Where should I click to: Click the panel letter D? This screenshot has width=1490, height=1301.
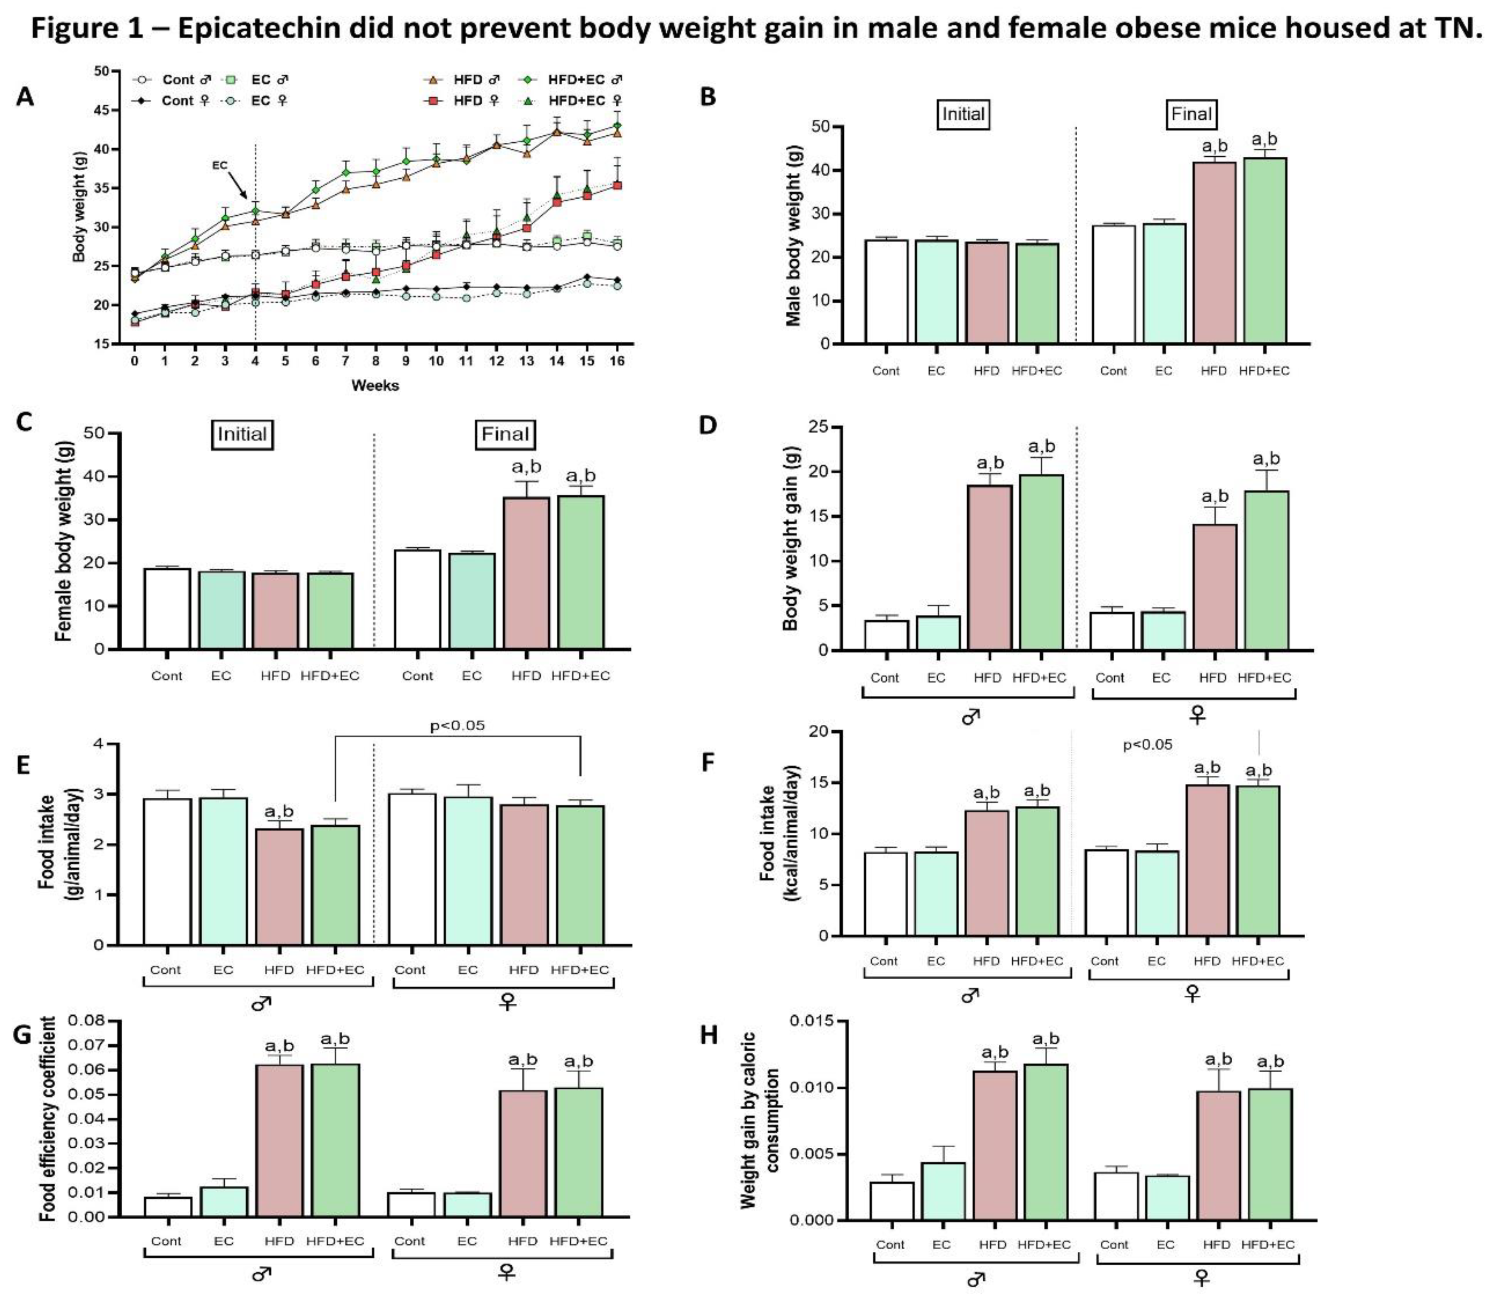coord(708,425)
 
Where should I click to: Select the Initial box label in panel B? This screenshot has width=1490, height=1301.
coord(963,114)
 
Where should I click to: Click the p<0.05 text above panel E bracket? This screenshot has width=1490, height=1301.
coord(457,725)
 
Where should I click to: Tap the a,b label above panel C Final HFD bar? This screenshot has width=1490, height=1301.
coord(526,466)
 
